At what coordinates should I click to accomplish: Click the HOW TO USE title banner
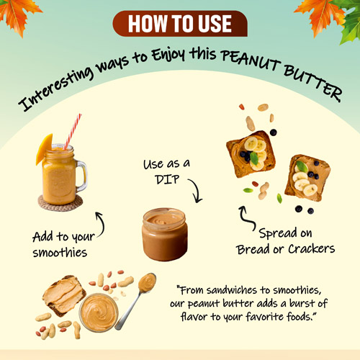(x=180, y=24)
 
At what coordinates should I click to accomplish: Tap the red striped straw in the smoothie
(x=73, y=132)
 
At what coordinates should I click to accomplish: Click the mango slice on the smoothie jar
(x=44, y=149)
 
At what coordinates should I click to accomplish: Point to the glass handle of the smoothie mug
(x=82, y=176)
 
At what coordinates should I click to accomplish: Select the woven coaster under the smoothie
(x=60, y=204)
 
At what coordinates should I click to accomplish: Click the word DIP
(x=167, y=179)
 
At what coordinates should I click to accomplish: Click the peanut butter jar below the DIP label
(x=165, y=234)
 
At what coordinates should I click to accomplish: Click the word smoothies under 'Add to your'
(x=60, y=253)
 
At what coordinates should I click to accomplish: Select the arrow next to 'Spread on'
(x=247, y=218)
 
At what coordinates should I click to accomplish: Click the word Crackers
(x=311, y=249)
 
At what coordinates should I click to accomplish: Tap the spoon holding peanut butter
(x=136, y=300)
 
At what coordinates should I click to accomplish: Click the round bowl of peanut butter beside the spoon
(x=99, y=312)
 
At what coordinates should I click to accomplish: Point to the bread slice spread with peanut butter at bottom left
(x=64, y=294)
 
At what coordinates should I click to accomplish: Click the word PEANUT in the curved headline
(x=251, y=60)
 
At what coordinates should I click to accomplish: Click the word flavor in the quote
(x=194, y=317)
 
